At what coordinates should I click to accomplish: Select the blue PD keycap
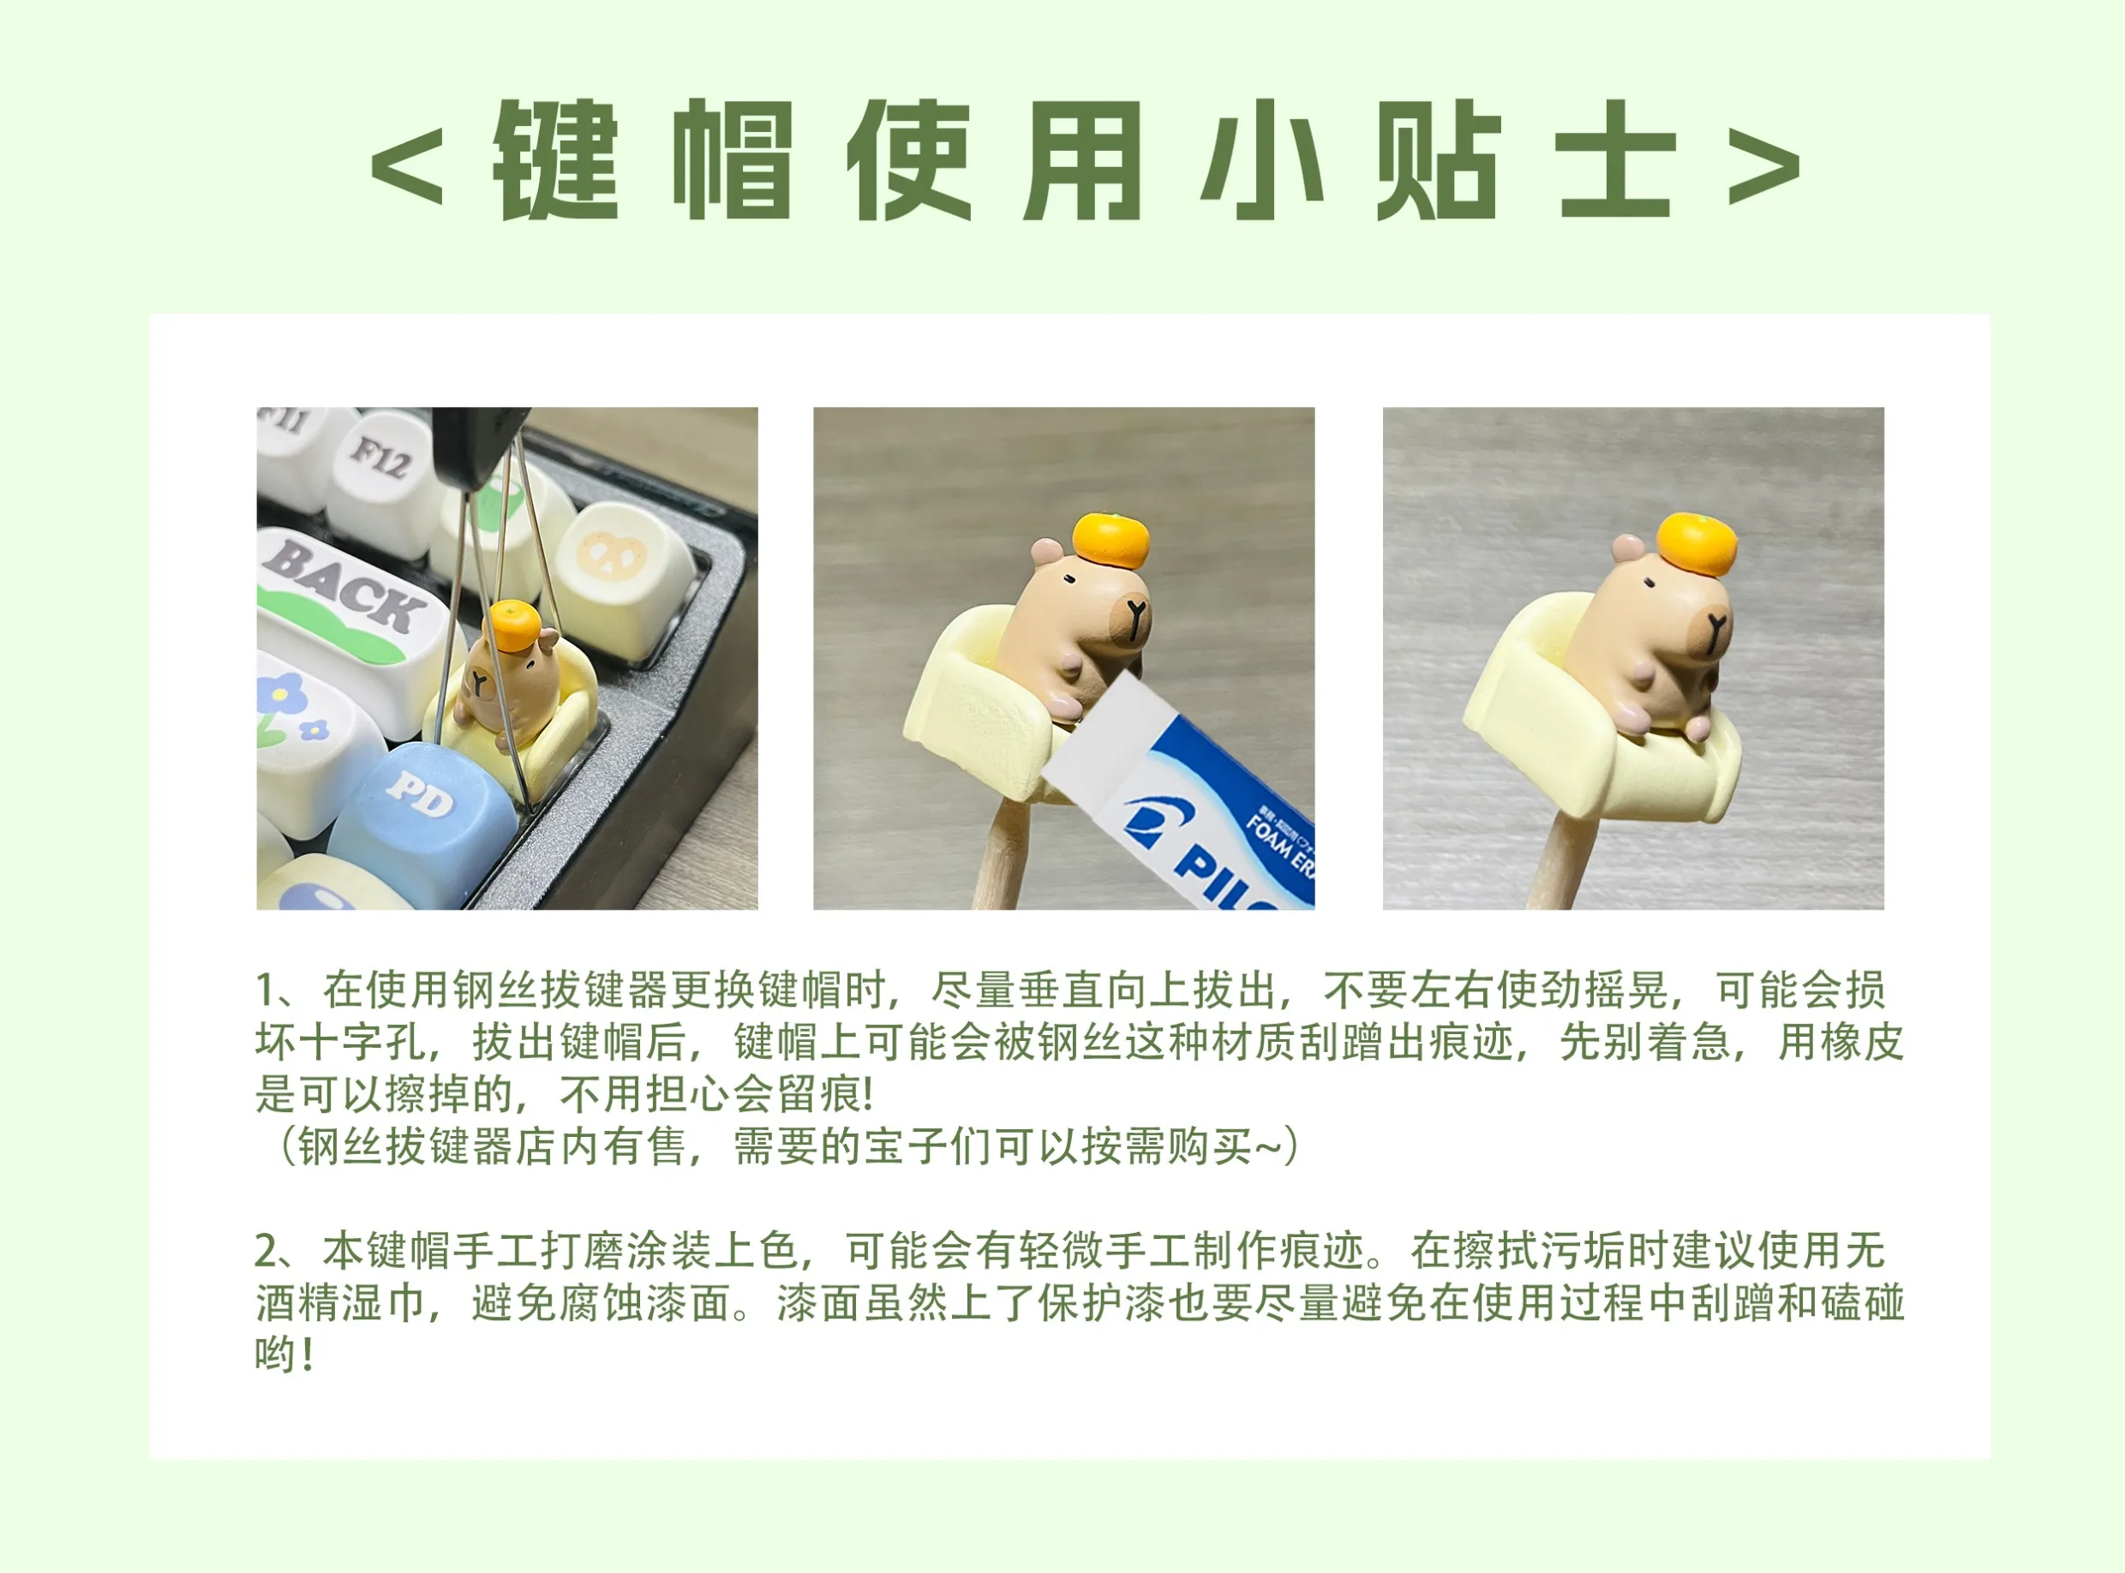point(423,819)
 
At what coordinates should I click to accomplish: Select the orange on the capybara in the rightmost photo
point(1697,545)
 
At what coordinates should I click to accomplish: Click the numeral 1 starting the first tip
point(266,991)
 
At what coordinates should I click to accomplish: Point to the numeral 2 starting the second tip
point(266,1251)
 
